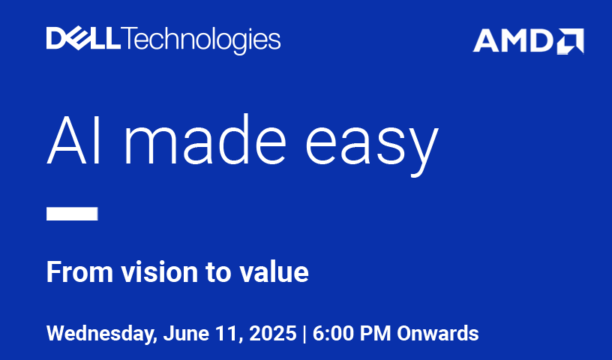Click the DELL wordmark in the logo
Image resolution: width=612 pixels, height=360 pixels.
click(83, 38)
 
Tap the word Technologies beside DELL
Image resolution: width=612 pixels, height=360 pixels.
click(202, 40)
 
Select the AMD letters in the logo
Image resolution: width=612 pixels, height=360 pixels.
click(513, 40)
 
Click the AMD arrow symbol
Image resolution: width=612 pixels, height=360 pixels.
click(570, 41)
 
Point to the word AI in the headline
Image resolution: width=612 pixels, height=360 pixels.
click(74, 139)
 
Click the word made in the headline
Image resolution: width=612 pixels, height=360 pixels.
click(205, 139)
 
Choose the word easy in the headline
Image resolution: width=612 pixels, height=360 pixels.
click(372, 146)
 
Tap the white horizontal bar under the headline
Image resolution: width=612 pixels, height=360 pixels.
click(72, 214)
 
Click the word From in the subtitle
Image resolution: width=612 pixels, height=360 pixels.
click(80, 271)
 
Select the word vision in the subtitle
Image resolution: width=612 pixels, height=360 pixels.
click(159, 271)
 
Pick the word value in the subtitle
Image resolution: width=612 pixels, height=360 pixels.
click(274, 271)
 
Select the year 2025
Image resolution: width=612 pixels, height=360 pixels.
click(273, 334)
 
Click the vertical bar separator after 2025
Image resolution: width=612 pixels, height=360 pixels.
click(304, 334)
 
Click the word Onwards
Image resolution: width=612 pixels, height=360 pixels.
click(438, 334)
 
